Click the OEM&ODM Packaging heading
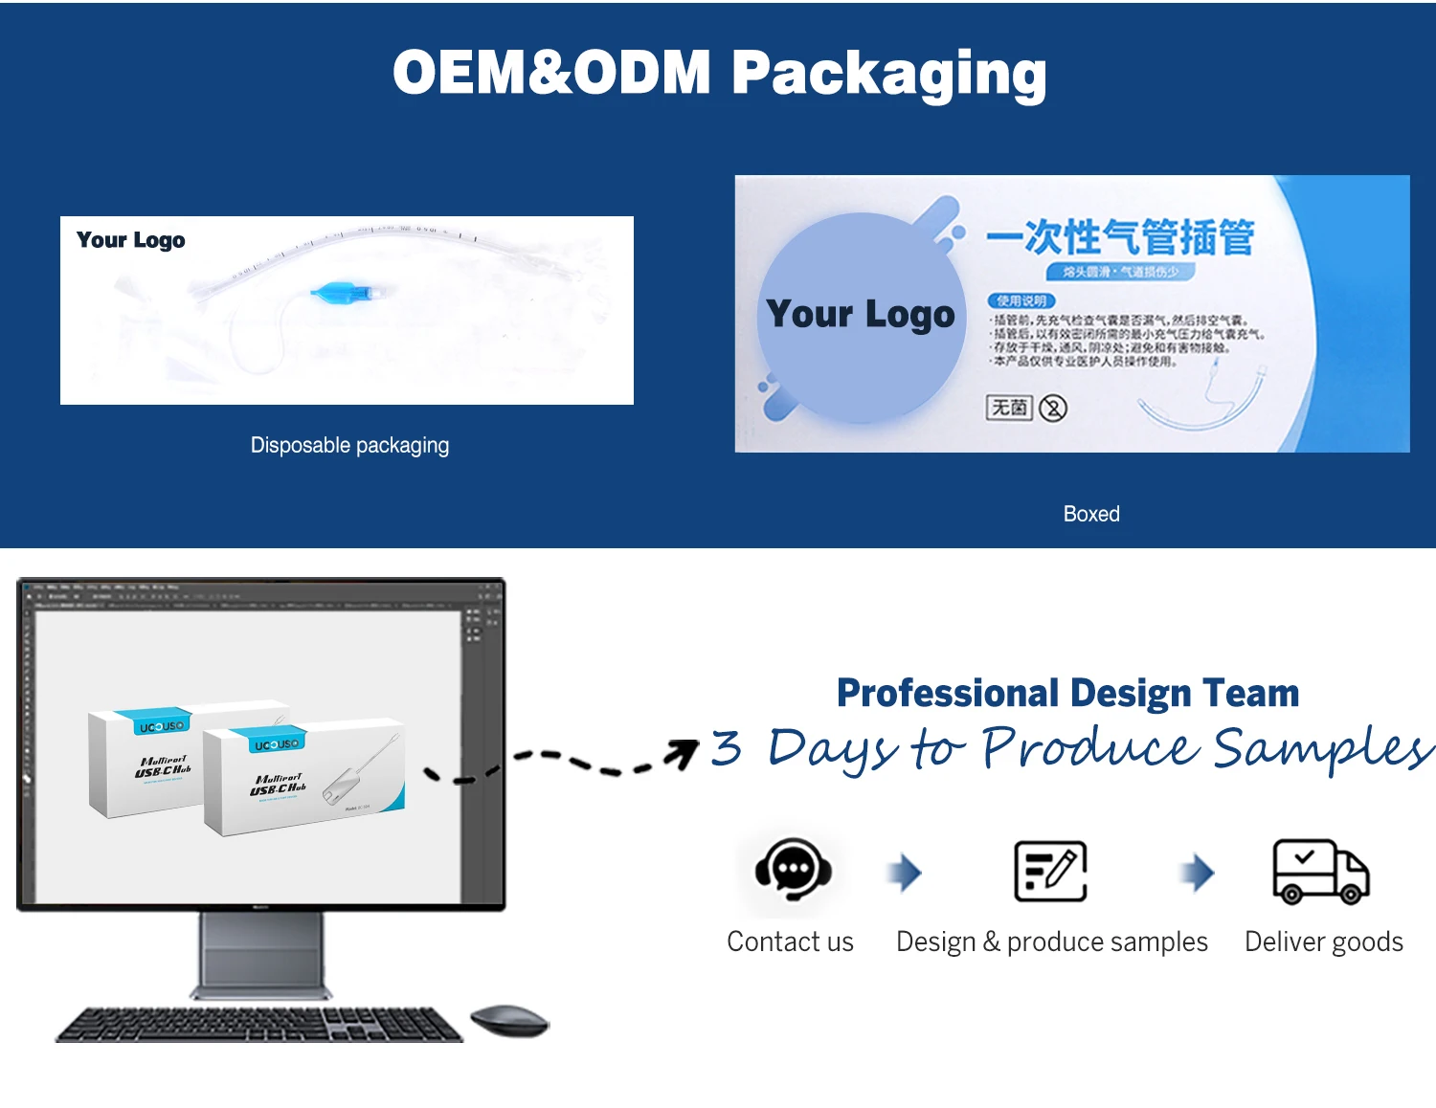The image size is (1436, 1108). click(x=719, y=74)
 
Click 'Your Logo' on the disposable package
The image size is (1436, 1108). click(x=131, y=240)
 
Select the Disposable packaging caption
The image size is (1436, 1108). click(x=349, y=445)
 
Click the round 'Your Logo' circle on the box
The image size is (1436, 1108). click(x=861, y=316)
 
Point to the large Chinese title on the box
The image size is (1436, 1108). click(x=1120, y=237)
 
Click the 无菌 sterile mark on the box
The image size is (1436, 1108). click(x=1009, y=408)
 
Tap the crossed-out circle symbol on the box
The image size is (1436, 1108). click(x=1053, y=409)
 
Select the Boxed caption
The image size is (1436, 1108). click(x=1091, y=514)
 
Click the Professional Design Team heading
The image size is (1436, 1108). click(x=1067, y=693)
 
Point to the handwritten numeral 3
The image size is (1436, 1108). click(x=726, y=747)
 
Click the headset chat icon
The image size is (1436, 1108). click(x=793, y=869)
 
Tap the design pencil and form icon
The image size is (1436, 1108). click(x=1050, y=871)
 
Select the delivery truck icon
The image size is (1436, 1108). click(x=1320, y=871)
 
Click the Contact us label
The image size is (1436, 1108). click(x=790, y=942)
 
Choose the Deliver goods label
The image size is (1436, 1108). click(x=1323, y=942)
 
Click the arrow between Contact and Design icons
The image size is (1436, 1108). click(x=905, y=872)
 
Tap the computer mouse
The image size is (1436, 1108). click(x=509, y=1020)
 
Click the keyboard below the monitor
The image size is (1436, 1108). click(x=259, y=1024)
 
